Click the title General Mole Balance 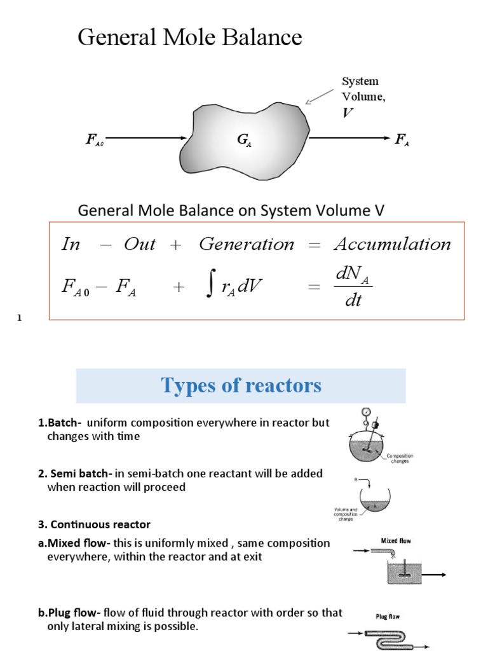coord(189,38)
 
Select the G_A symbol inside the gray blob coord(244,141)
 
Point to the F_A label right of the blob coord(402,140)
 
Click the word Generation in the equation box coord(247,244)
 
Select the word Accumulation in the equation coord(392,244)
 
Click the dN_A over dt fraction coord(353,286)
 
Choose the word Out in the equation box coord(140,244)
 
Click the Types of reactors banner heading coord(241,385)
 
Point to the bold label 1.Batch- coord(60,423)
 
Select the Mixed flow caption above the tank coord(396,541)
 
